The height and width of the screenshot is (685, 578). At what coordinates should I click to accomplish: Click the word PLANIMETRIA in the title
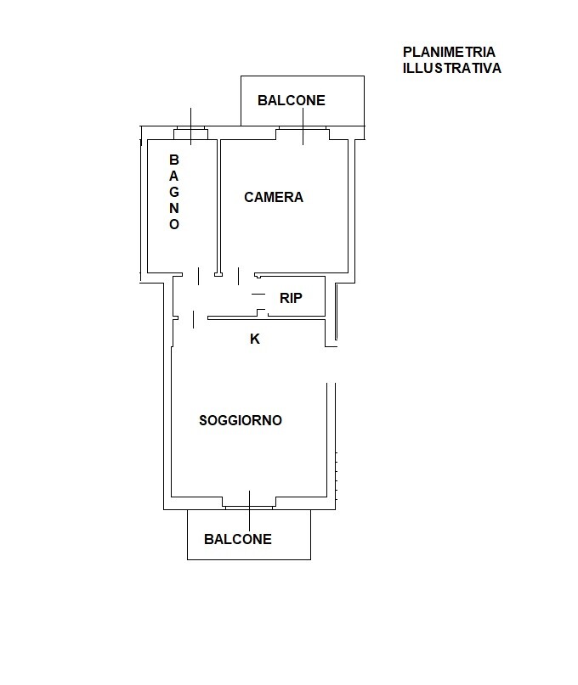coord(449,52)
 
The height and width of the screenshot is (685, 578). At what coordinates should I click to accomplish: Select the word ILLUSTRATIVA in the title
coord(452,69)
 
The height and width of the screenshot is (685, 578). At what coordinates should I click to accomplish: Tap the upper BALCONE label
coord(292,100)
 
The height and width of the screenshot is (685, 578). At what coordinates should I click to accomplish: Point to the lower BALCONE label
coord(238,539)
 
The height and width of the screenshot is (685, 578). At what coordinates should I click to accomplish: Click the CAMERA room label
coord(274,198)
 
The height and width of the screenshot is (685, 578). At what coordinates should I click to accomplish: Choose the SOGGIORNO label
coord(241,420)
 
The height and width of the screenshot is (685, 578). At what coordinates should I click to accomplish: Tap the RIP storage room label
coord(291,298)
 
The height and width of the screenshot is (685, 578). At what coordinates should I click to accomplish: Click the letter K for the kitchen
coord(255,339)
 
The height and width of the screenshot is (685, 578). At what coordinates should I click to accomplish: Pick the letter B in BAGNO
coord(174,160)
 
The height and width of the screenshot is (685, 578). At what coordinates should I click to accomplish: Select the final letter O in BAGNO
coord(174,225)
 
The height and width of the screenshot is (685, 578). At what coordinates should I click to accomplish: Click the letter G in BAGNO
coord(174,192)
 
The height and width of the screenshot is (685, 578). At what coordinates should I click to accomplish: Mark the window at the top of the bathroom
coord(190,132)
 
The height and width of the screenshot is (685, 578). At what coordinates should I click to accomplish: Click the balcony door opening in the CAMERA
coord(303,133)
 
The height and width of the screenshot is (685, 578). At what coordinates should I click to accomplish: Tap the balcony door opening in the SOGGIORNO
coord(249,503)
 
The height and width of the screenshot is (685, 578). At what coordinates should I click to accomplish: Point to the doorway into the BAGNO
coord(198,276)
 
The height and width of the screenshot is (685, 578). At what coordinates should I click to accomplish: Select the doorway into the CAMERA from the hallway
coord(239,276)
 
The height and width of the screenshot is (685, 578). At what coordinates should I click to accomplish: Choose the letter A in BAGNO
coord(174,176)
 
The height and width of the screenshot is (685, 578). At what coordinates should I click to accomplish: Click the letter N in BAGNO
coord(174,208)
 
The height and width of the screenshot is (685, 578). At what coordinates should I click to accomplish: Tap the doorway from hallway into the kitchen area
coord(193,319)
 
